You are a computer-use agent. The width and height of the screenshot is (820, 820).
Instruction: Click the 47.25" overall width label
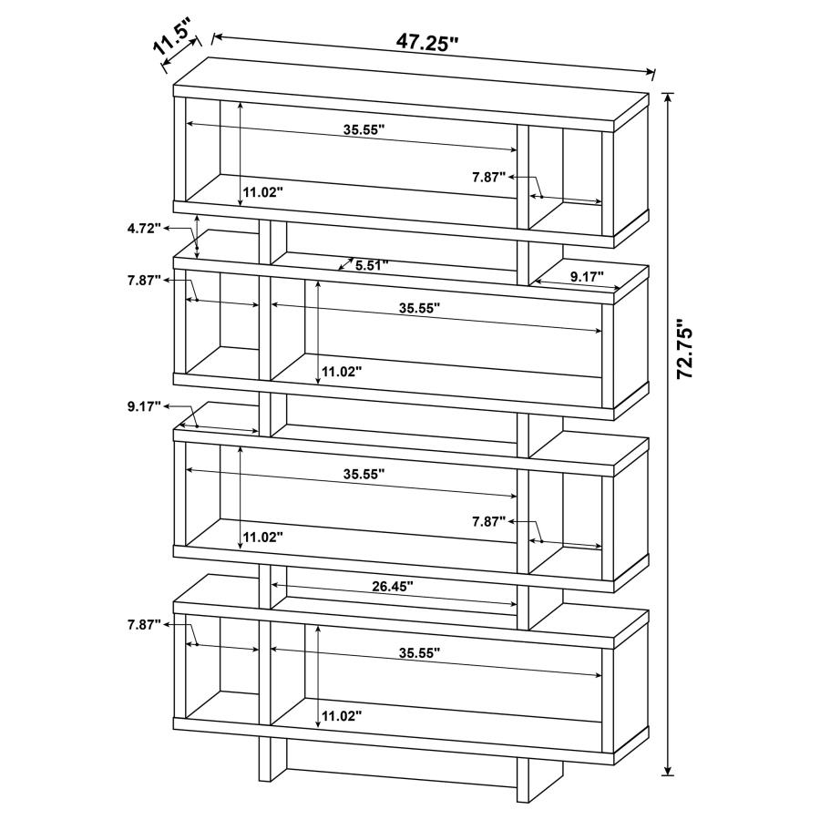coord(426,42)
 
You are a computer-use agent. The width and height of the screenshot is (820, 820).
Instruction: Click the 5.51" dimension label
coord(372,265)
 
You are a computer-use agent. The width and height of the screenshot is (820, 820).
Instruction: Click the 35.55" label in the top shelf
coord(364,129)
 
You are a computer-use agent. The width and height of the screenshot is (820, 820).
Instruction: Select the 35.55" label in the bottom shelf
coord(419,652)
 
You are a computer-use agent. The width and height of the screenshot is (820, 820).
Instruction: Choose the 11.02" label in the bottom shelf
coord(342,716)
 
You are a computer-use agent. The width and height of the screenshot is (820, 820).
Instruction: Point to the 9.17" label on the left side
coord(144,405)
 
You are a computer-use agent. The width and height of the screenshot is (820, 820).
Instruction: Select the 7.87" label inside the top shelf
coord(488,178)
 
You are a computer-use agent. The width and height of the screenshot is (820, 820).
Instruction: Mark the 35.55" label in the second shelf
coord(419,309)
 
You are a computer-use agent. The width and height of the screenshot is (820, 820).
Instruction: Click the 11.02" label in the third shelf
coord(263,537)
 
